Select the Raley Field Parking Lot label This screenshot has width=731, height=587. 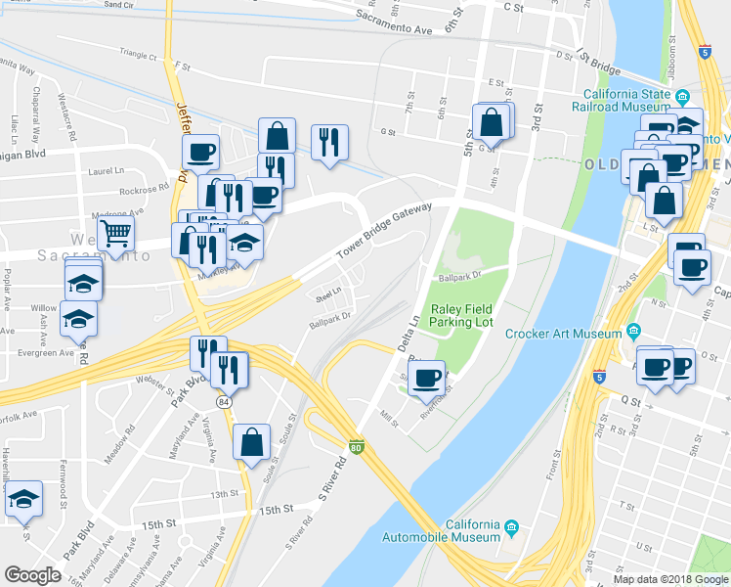(461, 313)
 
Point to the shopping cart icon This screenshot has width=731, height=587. (116, 234)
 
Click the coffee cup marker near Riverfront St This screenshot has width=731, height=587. (427, 378)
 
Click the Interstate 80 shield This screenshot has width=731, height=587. (357, 446)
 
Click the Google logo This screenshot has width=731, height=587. (33, 574)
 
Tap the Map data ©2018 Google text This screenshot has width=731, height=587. (670, 579)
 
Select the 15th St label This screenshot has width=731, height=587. (277, 510)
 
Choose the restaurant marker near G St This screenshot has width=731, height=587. (330, 142)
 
